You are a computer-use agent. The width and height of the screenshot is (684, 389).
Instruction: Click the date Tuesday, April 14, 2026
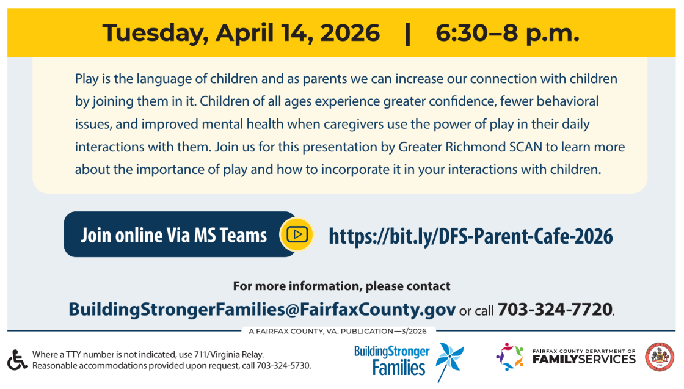point(241,34)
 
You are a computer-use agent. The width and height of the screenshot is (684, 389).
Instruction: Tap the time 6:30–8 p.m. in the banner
point(508,34)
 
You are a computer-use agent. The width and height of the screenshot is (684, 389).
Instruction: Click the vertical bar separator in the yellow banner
point(408,34)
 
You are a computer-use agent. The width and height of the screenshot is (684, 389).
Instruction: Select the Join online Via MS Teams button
point(180,234)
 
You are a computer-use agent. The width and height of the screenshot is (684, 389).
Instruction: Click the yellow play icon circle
point(297,234)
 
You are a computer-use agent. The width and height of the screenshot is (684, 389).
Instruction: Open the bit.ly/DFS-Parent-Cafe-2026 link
point(471,236)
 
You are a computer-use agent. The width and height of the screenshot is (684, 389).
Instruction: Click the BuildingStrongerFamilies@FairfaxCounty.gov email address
point(262,309)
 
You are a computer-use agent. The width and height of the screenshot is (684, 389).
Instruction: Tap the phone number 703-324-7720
point(555,309)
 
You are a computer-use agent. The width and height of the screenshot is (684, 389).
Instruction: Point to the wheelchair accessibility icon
point(17,360)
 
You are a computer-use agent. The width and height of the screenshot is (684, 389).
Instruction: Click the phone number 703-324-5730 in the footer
point(283,365)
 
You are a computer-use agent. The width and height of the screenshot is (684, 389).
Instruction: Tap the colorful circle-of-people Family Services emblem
point(509,357)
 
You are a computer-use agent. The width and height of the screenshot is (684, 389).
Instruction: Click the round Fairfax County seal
point(660,357)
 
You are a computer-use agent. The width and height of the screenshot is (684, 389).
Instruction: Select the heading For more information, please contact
point(341,286)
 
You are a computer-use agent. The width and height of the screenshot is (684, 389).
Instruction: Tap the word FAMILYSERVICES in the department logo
point(584,359)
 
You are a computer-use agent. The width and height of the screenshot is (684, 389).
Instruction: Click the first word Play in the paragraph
point(87,79)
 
